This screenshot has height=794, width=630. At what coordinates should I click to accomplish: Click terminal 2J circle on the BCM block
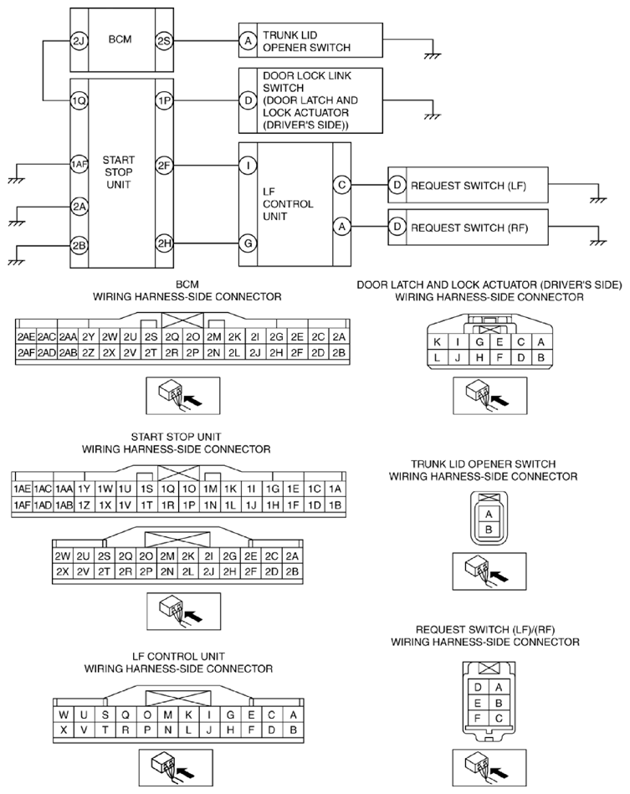(79, 41)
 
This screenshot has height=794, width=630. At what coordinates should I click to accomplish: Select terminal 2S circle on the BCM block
(164, 41)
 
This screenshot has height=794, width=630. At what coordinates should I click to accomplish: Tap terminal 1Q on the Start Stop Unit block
(79, 100)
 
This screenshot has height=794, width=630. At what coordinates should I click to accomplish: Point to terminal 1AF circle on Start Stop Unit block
(79, 163)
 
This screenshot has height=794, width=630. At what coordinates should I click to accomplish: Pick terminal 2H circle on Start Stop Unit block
(164, 243)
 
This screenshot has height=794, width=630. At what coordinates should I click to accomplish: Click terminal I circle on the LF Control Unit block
(248, 165)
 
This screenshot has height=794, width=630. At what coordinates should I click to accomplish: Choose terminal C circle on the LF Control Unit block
(342, 185)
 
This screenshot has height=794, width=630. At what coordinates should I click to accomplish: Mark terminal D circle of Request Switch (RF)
(397, 227)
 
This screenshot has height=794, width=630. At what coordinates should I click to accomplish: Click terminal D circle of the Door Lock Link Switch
(248, 100)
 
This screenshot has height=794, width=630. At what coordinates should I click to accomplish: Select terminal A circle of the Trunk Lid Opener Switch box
(248, 41)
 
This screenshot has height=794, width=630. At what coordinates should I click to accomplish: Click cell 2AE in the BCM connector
(26, 336)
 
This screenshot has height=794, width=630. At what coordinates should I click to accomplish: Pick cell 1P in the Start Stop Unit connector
(189, 505)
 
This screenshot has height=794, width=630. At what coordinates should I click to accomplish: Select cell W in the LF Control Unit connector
(64, 715)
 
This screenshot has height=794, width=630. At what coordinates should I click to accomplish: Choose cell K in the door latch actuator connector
(437, 342)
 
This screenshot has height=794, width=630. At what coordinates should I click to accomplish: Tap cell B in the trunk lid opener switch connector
(489, 530)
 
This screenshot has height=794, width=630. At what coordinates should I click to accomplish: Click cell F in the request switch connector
(477, 718)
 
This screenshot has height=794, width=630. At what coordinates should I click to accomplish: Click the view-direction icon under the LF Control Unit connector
(176, 768)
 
